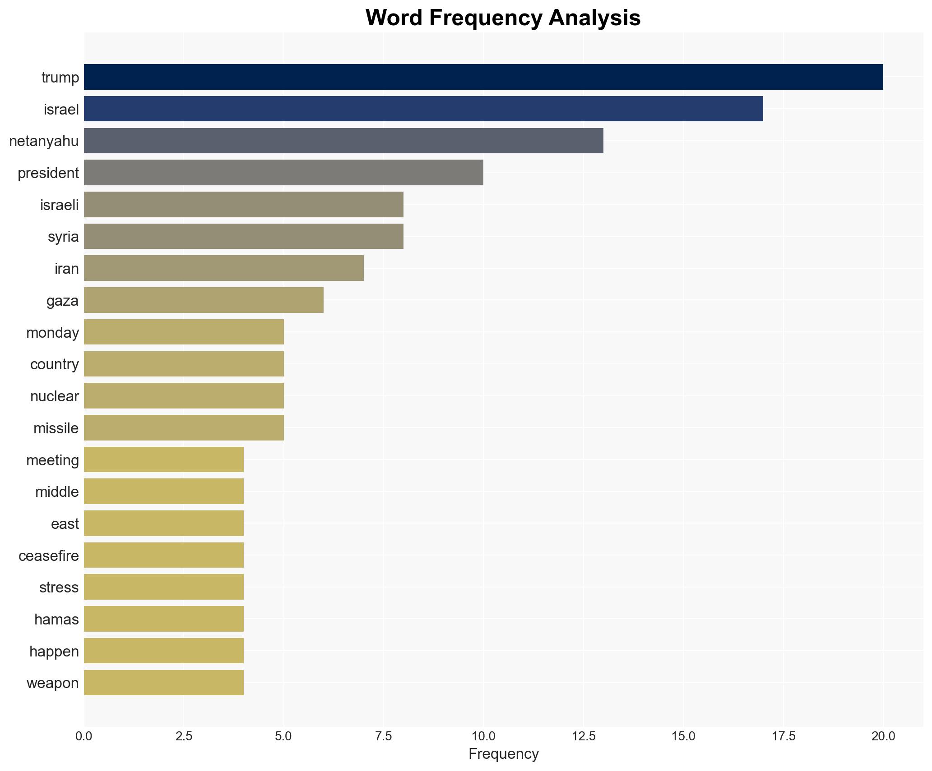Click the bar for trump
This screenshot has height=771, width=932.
[x=483, y=77]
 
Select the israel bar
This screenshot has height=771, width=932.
[x=423, y=109]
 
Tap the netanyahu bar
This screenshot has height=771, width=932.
[x=343, y=141]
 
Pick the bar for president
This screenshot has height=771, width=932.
[x=283, y=173]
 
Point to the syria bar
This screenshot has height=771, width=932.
[x=244, y=236]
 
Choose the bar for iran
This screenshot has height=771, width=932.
[x=224, y=268]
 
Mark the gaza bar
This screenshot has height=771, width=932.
[x=204, y=300]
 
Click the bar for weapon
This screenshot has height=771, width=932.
[x=164, y=683]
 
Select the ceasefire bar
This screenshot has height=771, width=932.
[x=164, y=555]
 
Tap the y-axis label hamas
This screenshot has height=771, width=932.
[x=56, y=620]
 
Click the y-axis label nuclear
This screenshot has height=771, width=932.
[x=55, y=396]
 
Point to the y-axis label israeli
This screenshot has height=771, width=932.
[x=60, y=205]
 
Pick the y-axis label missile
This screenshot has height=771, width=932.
[x=56, y=428]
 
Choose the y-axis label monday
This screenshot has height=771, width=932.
[x=53, y=333]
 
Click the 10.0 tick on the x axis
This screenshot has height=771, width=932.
[x=483, y=736]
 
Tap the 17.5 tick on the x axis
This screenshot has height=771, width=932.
[x=783, y=736]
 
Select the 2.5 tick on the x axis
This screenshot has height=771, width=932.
[x=184, y=736]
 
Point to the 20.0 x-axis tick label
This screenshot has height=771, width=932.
[x=883, y=736]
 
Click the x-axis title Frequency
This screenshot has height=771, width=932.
[x=503, y=754]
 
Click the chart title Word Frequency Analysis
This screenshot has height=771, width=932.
[x=503, y=18]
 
